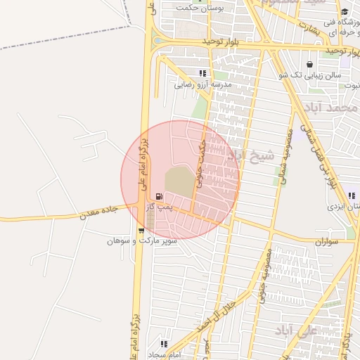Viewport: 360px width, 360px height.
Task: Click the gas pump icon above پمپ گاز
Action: click(160, 196)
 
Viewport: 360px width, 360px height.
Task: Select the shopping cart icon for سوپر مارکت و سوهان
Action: click(141, 230)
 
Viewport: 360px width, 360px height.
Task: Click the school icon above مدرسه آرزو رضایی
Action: click(203, 73)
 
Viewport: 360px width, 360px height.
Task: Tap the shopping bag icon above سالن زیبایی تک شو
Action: click(310, 64)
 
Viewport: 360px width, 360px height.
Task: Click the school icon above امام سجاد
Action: click(164, 345)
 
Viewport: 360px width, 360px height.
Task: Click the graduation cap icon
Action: click(345, 11)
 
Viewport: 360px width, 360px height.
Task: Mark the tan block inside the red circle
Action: click(181, 181)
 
